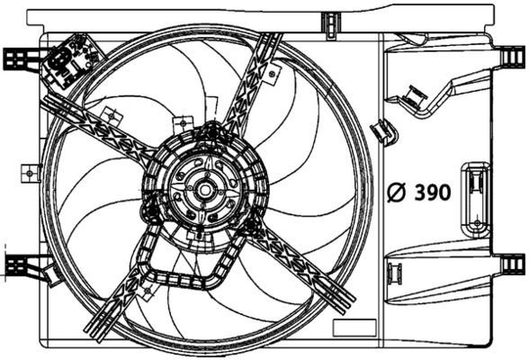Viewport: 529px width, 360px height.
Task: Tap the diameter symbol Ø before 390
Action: pyautogui.click(x=395, y=193)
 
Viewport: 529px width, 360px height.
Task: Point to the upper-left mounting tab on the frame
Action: pyautogui.click(x=18, y=58)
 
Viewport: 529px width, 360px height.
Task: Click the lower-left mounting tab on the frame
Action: pyautogui.click(x=18, y=265)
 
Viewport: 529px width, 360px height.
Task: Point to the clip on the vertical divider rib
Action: pyautogui.click(x=384, y=131)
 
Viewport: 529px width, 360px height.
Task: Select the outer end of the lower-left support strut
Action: pyautogui.click(x=94, y=324)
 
